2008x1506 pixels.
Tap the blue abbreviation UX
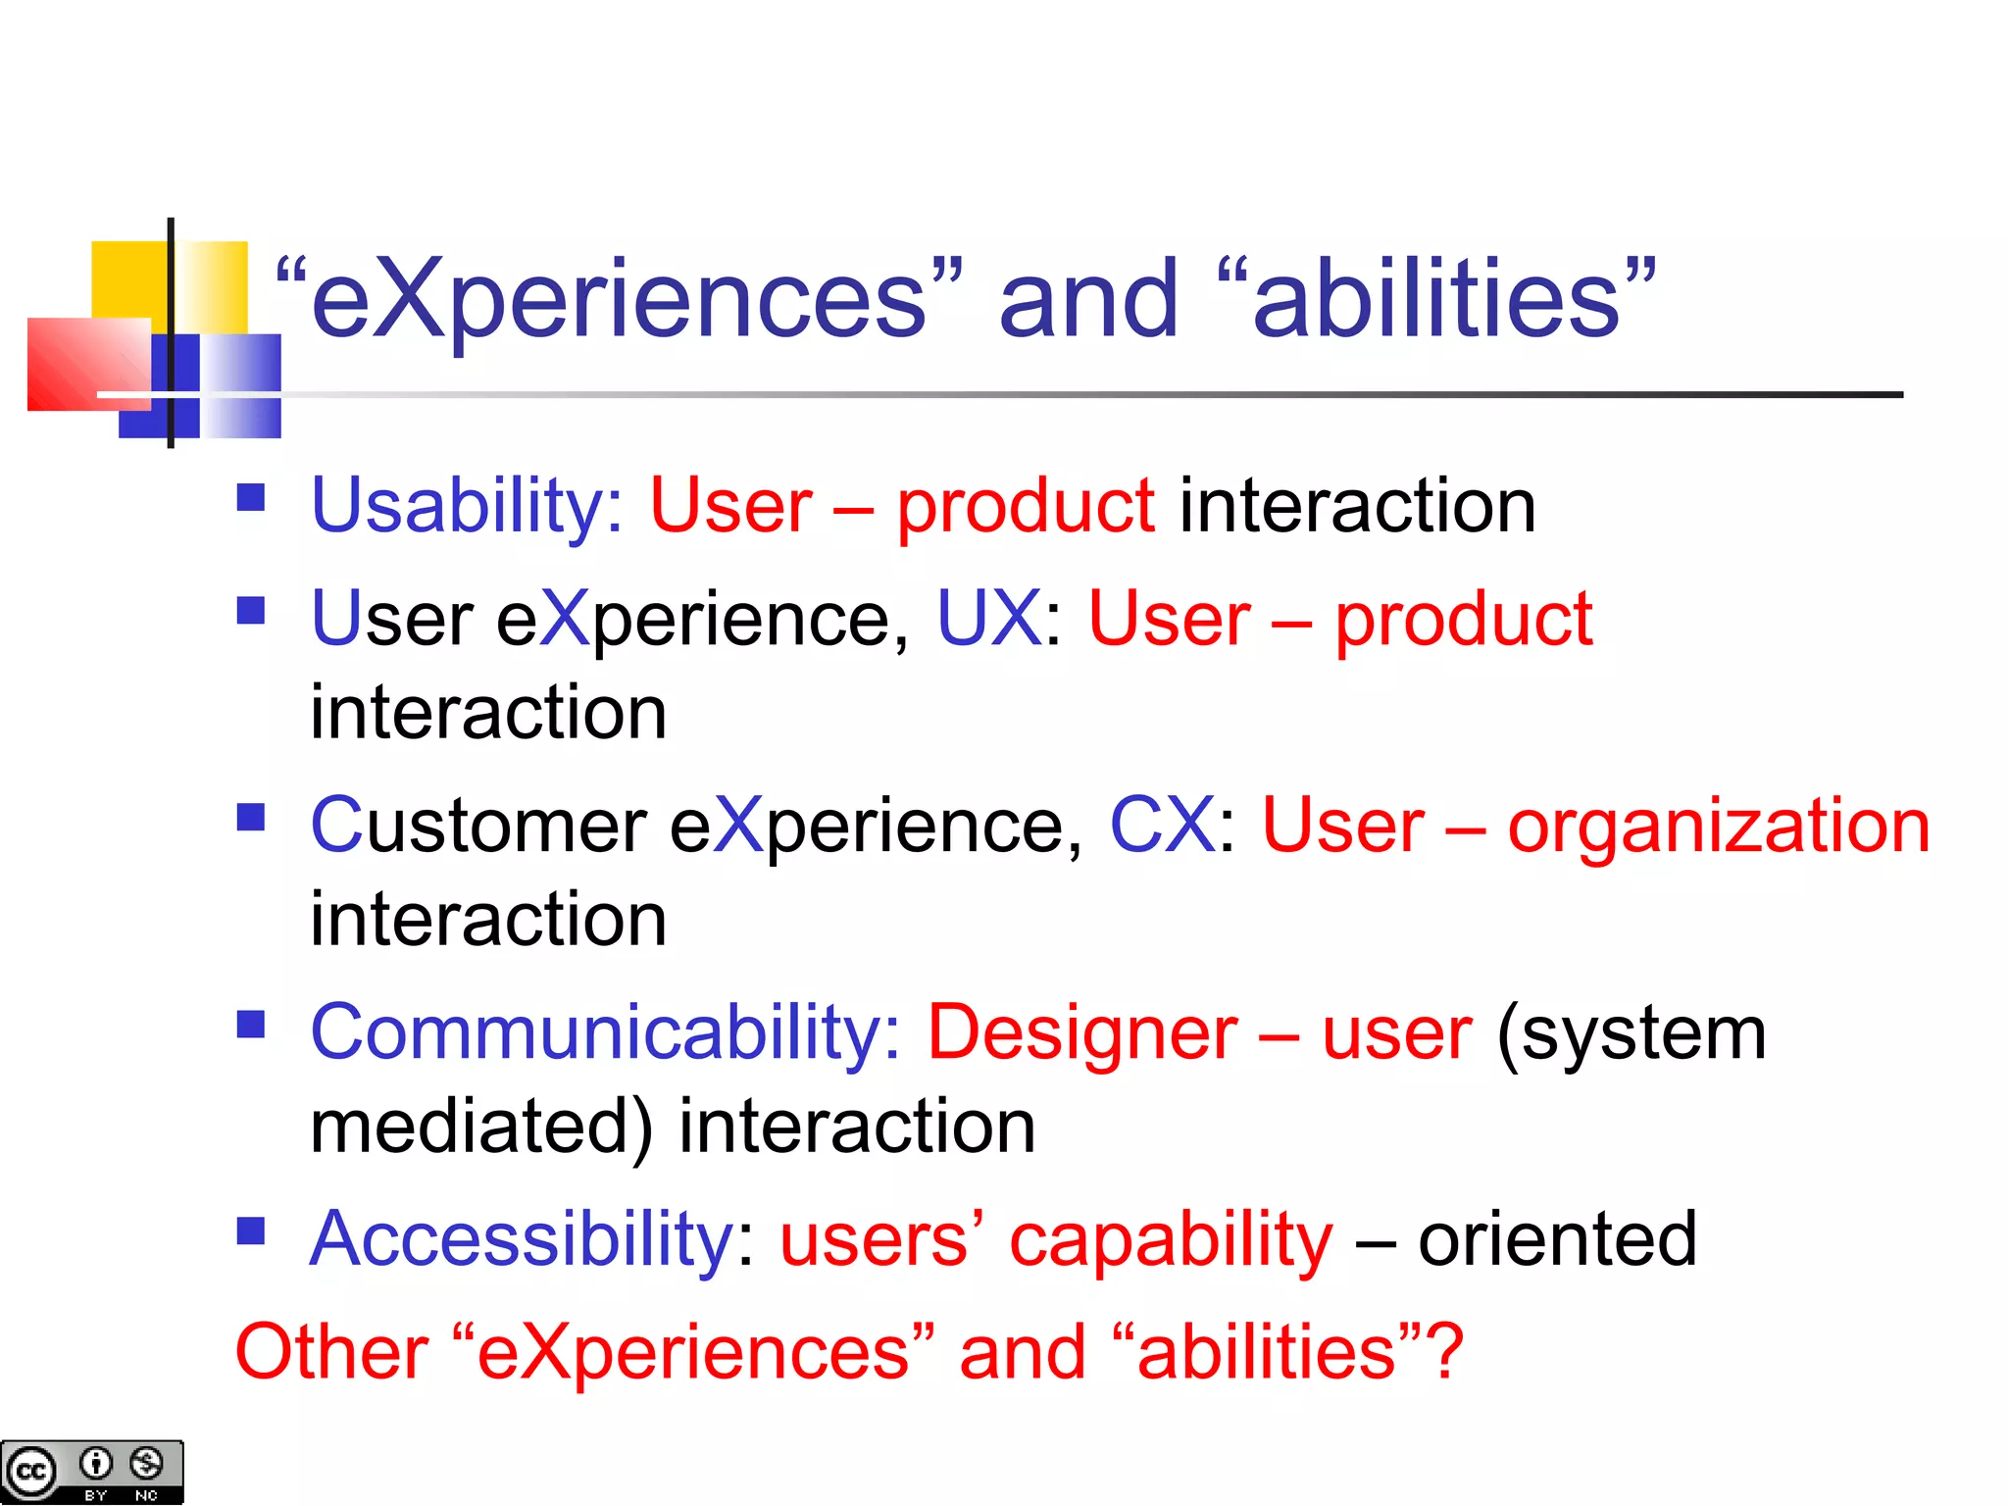(988, 619)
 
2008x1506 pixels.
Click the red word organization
(1718, 826)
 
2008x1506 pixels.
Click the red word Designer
(1082, 1032)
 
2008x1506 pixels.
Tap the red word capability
(1171, 1239)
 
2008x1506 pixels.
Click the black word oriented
(1557, 1239)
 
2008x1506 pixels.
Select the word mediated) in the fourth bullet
(480, 1127)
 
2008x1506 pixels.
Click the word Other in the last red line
(331, 1352)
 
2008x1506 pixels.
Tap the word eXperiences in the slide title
(618, 299)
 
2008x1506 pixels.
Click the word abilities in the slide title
(1436, 299)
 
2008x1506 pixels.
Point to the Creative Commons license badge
(91, 1471)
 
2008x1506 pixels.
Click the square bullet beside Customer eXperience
(251, 817)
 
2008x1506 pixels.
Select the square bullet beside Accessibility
(251, 1230)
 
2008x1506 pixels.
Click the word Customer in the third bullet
(478, 826)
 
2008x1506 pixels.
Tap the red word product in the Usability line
(1026, 506)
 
